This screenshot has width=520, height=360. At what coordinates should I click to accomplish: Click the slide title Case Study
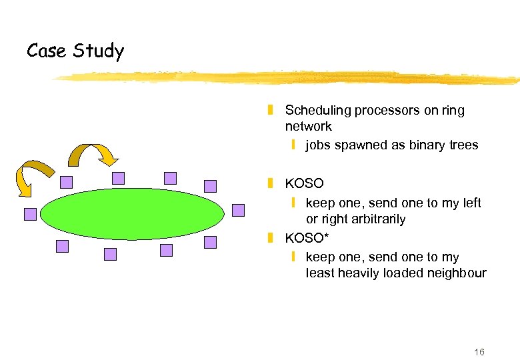click(75, 51)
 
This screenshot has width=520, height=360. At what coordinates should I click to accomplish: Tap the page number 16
click(479, 352)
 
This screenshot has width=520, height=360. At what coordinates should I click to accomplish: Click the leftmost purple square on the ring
click(30, 214)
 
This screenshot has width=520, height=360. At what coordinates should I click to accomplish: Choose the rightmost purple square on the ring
click(238, 210)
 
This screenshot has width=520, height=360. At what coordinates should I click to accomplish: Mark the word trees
click(463, 145)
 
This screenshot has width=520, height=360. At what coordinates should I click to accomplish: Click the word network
click(308, 127)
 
